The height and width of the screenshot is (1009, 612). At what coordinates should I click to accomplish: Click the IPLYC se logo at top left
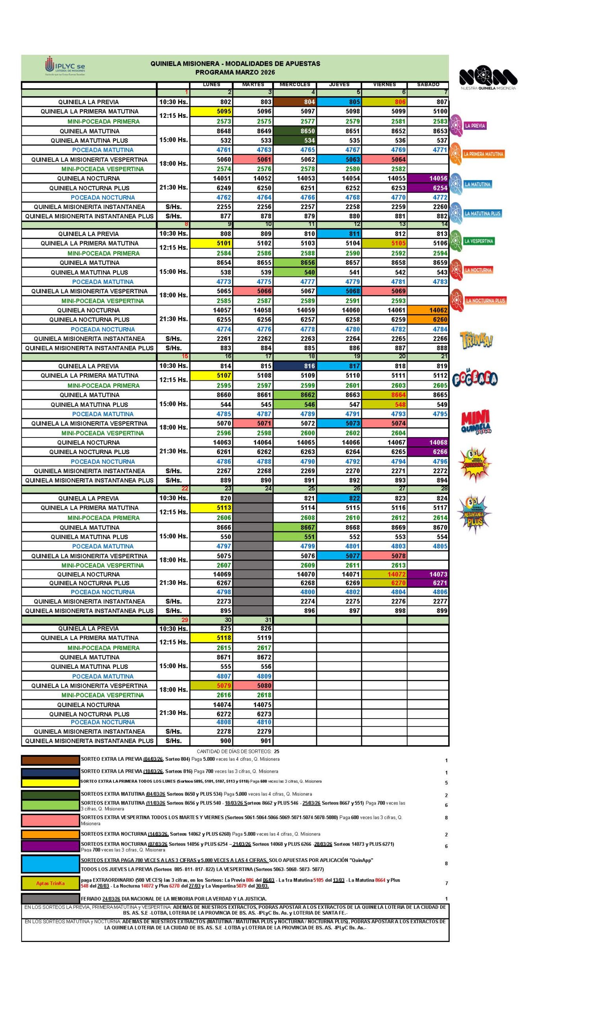pyautogui.click(x=65, y=67)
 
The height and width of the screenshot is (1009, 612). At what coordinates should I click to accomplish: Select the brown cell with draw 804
pyautogui.click(x=295, y=102)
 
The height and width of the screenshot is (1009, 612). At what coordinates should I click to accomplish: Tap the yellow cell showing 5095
pyautogui.click(x=211, y=112)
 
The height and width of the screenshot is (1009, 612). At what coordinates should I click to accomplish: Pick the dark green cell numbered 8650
pyautogui.click(x=295, y=131)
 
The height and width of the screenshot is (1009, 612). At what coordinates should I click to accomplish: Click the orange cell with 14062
pyautogui.click(x=428, y=311)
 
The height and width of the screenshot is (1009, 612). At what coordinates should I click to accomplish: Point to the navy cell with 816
pyautogui.click(x=295, y=366)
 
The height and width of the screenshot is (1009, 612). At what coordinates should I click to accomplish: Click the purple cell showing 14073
pyautogui.click(x=428, y=575)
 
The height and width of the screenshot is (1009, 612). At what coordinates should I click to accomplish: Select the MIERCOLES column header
pyautogui.click(x=295, y=85)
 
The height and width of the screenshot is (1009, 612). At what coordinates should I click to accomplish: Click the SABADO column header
pyautogui.click(x=428, y=85)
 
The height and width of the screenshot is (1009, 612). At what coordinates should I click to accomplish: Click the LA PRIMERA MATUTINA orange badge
pyautogui.click(x=477, y=154)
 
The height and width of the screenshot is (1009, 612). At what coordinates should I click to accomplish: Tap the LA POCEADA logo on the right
pyautogui.click(x=475, y=379)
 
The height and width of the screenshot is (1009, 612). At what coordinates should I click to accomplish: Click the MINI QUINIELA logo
pyautogui.click(x=476, y=422)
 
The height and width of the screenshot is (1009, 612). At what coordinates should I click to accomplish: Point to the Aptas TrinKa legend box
pyautogui.click(x=50, y=883)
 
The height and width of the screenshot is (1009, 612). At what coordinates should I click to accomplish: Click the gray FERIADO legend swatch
pyautogui.click(x=50, y=898)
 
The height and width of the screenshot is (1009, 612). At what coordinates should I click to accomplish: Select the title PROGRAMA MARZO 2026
pyautogui.click(x=235, y=73)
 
